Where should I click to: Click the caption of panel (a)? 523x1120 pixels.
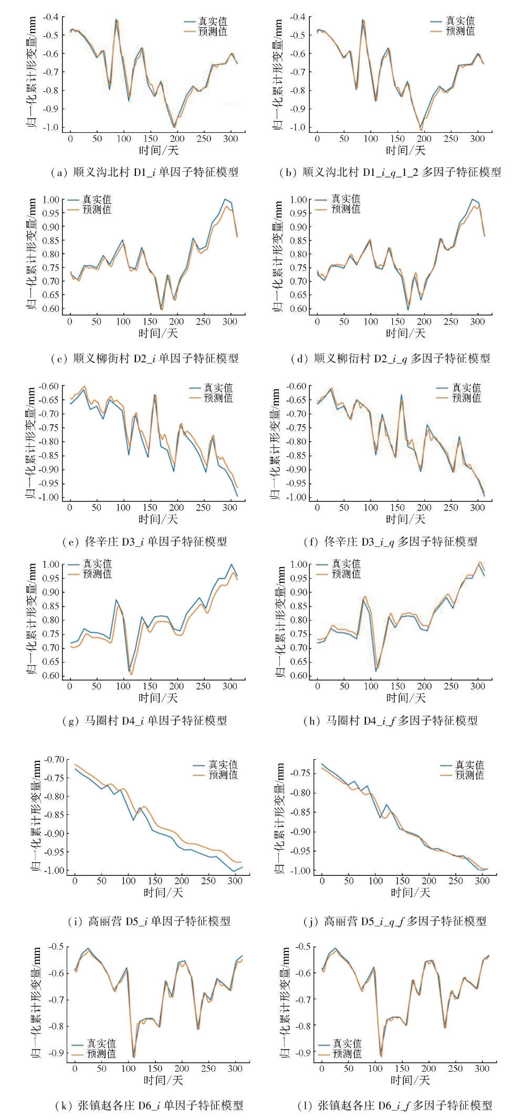[144, 172]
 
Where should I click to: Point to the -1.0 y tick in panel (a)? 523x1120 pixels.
[50, 127]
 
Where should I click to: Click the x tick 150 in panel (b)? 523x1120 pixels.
[398, 139]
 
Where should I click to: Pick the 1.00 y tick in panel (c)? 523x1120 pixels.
[51, 200]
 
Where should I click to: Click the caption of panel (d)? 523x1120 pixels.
[390, 359]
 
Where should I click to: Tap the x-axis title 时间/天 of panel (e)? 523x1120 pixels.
[158, 519]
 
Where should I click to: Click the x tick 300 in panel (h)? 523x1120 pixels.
[478, 686]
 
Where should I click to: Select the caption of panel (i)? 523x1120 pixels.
[149, 921]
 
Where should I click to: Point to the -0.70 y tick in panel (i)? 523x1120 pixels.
[54, 759]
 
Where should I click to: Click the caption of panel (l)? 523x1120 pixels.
[394, 1105]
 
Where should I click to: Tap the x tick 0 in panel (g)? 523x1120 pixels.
[70, 686]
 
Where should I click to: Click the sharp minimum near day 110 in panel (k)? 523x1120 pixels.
[133, 1056]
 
